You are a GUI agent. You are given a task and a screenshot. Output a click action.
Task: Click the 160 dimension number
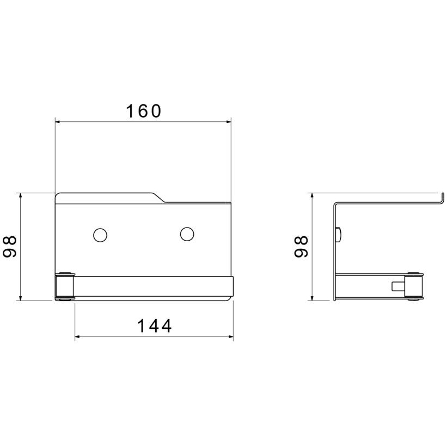144,111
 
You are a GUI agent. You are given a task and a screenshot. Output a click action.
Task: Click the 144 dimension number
155,326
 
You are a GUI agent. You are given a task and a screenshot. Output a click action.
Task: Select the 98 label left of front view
10,247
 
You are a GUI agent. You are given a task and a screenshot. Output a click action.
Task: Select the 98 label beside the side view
301,247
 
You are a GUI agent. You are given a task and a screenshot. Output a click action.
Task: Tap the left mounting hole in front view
100,235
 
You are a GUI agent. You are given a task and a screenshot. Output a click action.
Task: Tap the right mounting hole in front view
187,234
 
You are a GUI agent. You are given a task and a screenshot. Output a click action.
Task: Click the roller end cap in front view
65,286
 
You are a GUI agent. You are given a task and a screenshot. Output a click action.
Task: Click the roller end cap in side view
414,286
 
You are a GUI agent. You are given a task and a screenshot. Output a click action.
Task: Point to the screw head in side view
339,235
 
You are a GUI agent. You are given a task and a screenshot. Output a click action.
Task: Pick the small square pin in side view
398,286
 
